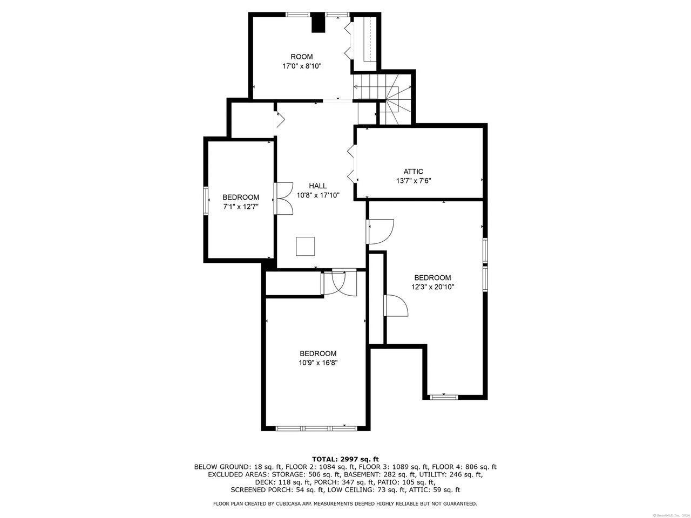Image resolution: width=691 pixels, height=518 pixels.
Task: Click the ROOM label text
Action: pos(302,57)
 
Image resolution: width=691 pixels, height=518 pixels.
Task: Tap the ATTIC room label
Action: pos(414,172)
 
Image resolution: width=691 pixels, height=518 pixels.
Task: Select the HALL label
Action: pos(317,186)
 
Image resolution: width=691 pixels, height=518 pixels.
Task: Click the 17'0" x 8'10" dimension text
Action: pos(302,66)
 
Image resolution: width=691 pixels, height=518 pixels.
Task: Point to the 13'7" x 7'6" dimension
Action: pos(414,181)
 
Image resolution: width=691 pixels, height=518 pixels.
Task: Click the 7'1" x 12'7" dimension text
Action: pos(241,207)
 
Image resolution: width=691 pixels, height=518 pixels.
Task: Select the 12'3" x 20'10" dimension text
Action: pos(432,287)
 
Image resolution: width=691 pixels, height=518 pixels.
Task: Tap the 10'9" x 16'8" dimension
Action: pos(318,363)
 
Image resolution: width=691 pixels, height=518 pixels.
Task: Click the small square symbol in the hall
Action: pos(305,246)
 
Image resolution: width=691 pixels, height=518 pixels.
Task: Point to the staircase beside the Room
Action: pos(382,98)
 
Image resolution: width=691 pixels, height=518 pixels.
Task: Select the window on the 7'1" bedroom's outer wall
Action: pos(206,201)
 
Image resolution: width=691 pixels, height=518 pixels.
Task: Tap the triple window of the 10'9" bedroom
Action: pos(316,428)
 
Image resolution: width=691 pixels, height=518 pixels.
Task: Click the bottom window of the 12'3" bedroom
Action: pos(444,397)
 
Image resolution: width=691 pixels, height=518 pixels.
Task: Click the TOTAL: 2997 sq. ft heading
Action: pos(345,460)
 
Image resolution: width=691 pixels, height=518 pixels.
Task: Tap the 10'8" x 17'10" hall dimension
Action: pos(318,195)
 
